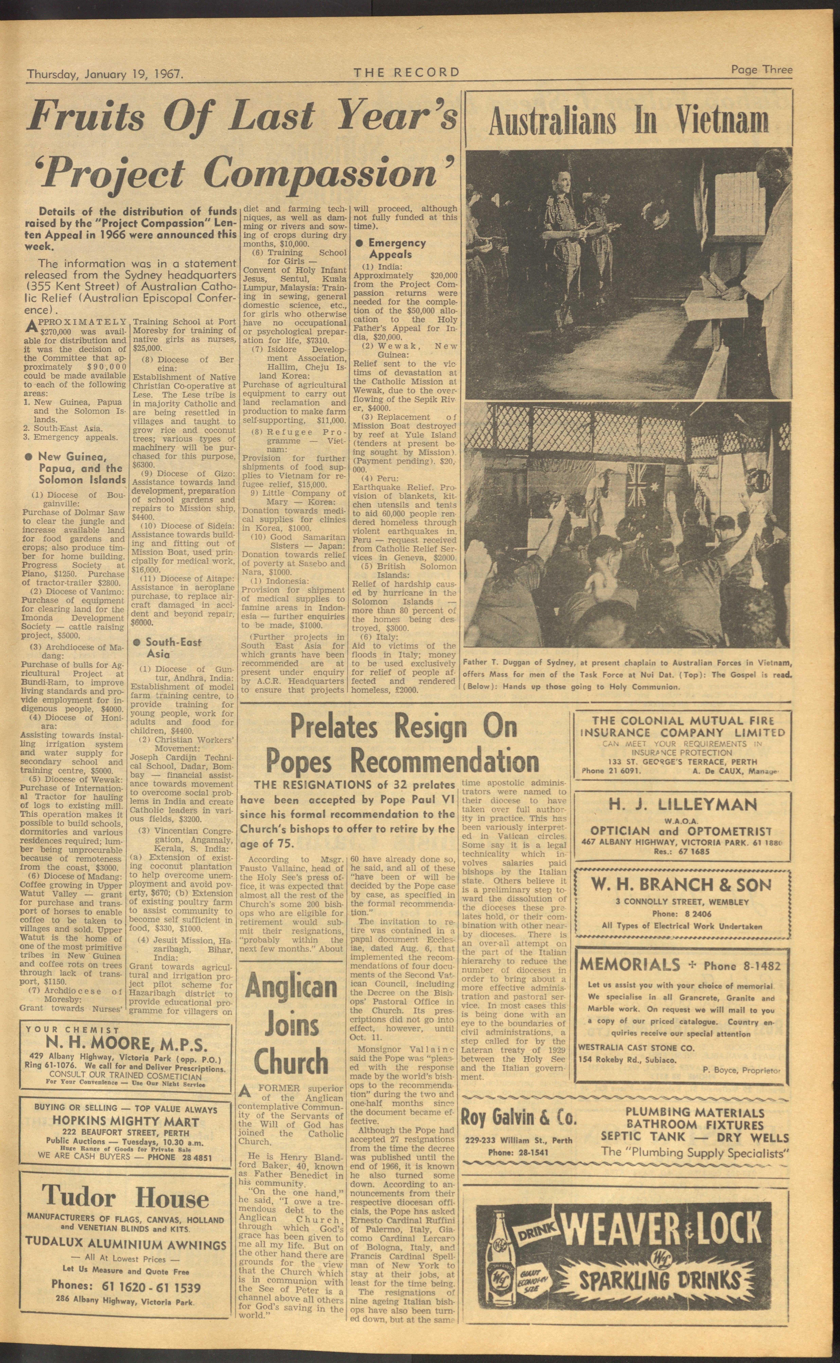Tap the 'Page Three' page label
(x=761, y=70)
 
